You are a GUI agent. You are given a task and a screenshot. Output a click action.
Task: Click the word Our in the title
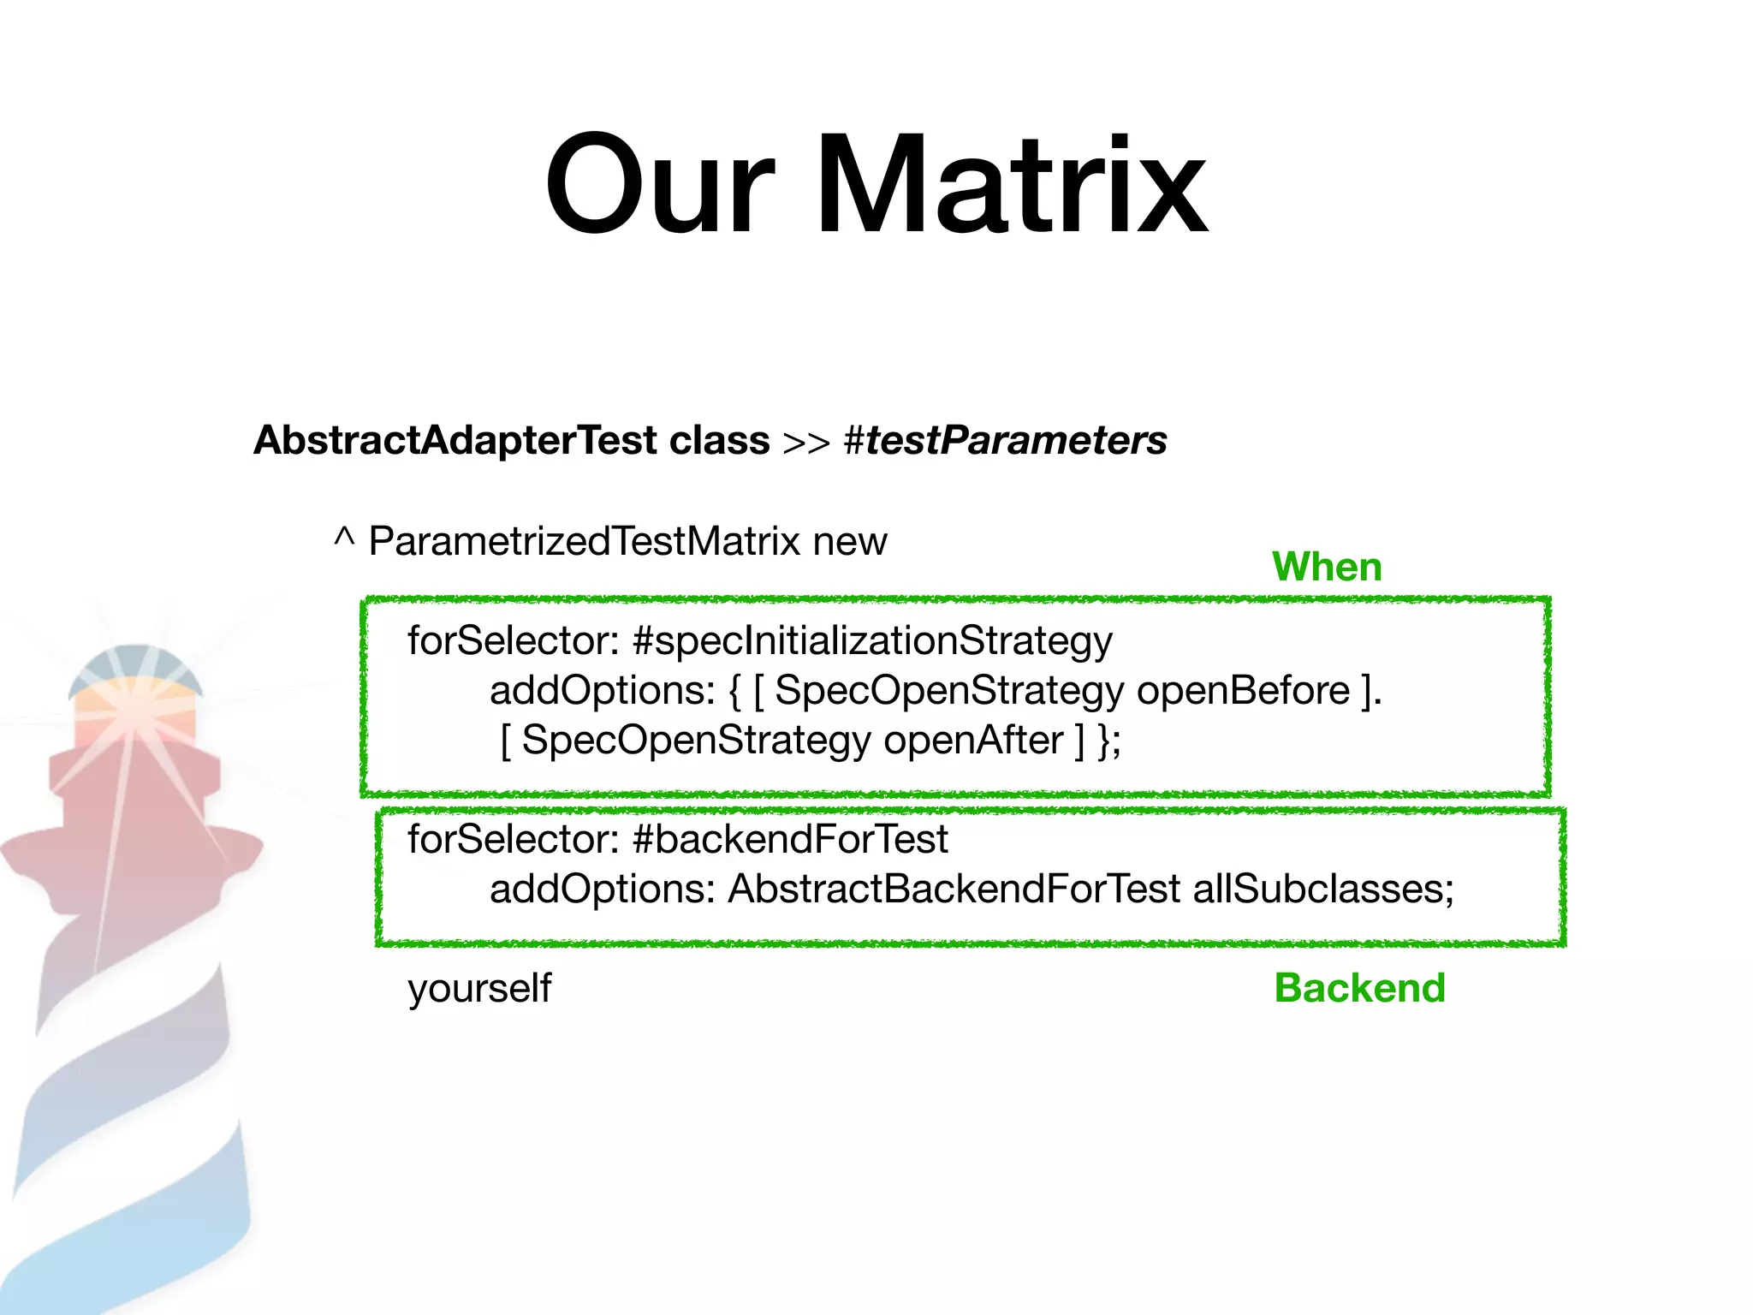[659, 184]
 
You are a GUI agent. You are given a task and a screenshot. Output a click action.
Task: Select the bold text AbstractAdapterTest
[455, 441]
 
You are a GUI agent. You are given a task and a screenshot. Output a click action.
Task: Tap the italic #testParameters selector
[1005, 441]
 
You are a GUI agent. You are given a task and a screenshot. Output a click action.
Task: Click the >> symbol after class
[806, 443]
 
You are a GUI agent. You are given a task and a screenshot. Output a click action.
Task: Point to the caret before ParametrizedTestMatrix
[344, 538]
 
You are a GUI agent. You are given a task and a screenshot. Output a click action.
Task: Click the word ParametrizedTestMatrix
[584, 541]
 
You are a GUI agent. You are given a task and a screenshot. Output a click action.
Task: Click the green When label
[1327, 567]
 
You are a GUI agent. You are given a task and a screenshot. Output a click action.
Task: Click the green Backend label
[1359, 988]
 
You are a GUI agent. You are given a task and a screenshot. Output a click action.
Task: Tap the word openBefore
[1243, 691]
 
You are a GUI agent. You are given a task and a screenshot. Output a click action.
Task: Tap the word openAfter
[973, 741]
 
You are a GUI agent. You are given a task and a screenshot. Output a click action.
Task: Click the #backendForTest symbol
[789, 839]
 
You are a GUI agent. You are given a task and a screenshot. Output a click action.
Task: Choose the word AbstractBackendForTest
[954, 889]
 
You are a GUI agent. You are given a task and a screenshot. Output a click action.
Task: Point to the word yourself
[479, 988]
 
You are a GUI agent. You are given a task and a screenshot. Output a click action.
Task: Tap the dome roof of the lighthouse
[135, 668]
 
